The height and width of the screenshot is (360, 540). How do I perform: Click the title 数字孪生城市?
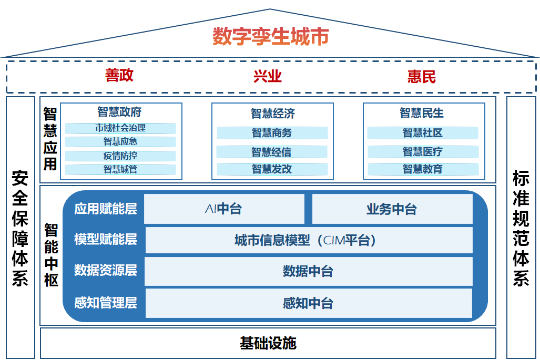coord(270,37)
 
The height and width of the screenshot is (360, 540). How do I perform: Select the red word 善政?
coord(119,75)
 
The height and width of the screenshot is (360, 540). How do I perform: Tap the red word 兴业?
coord(268,77)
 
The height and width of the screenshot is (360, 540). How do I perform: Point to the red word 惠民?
coord(421,77)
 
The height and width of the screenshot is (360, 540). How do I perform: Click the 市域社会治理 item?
coord(120,128)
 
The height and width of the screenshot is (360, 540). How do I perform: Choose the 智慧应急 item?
coord(120,141)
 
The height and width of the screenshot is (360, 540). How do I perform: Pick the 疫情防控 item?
coord(120,156)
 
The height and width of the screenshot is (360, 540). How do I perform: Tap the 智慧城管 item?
coord(120,169)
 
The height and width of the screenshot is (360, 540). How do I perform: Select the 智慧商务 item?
coord(272,133)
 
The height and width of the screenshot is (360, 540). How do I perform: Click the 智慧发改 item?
coord(272,169)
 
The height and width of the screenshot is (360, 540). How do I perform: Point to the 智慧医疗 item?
coord(423,152)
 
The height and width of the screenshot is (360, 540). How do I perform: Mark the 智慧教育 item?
coord(423,169)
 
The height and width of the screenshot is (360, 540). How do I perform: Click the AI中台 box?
coord(224,209)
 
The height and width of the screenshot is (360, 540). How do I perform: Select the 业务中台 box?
coord(392,209)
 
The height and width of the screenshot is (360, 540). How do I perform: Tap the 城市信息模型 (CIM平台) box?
coord(308,241)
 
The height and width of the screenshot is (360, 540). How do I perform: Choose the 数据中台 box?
coord(308,271)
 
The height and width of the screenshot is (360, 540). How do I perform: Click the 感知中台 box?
coord(308,303)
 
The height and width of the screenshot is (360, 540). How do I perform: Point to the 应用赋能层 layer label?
coord(106,209)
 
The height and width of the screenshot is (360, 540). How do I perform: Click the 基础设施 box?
coord(268,343)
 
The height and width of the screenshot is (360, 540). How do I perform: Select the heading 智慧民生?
coord(422,112)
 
